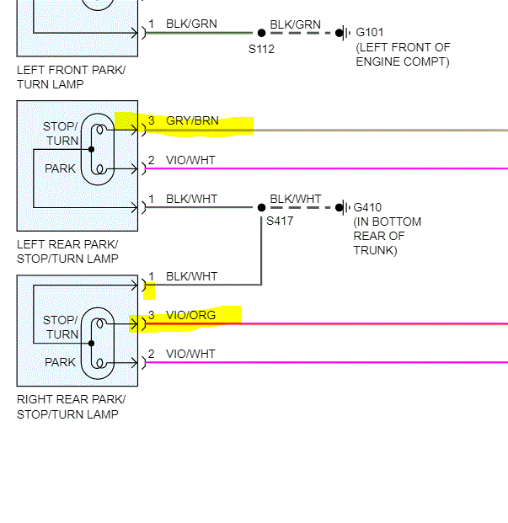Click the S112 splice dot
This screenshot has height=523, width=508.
(x=261, y=33)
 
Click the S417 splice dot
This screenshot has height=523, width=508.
(x=261, y=207)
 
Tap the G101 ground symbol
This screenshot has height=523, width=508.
(x=341, y=33)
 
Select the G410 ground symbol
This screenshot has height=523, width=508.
(x=341, y=207)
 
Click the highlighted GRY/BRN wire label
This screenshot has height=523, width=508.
(x=192, y=121)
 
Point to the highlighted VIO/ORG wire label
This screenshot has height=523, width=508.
(x=190, y=316)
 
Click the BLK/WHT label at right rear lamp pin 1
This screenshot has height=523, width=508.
(x=191, y=276)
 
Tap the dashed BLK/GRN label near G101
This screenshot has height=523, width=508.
(x=295, y=24)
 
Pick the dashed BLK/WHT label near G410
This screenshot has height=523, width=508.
(x=295, y=200)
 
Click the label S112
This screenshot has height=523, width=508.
(x=262, y=49)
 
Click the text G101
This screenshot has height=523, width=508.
(x=370, y=33)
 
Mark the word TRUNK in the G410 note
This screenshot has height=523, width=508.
(x=375, y=250)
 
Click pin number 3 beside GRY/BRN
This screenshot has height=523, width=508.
(x=152, y=121)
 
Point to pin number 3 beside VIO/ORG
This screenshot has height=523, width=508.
(x=152, y=316)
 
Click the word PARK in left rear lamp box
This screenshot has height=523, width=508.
(x=60, y=168)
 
